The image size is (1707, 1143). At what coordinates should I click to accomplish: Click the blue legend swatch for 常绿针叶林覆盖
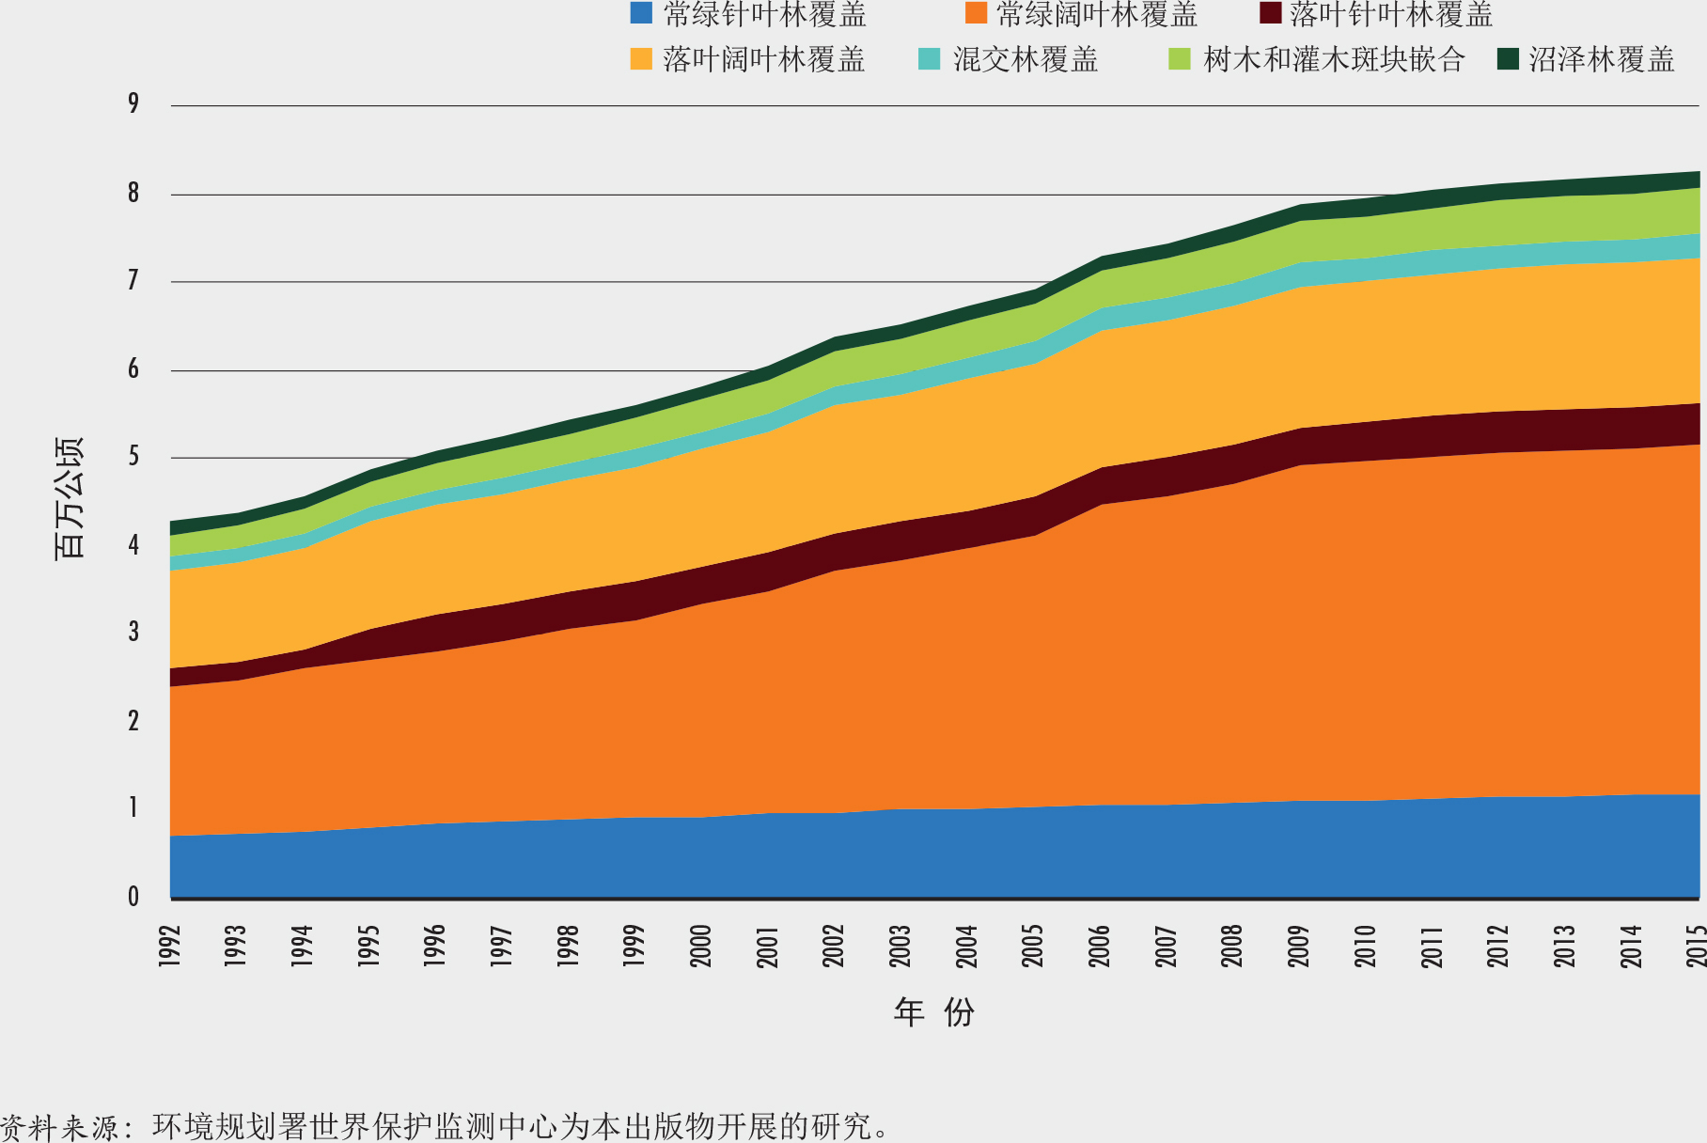(x=641, y=14)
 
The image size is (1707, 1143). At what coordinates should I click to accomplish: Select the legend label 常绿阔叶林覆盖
(x=1097, y=14)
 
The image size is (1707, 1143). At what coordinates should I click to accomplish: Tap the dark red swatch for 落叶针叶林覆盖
(x=1271, y=14)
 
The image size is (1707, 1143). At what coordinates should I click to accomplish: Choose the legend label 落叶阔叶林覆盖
(x=763, y=59)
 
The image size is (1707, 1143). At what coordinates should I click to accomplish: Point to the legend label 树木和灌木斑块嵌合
(x=1334, y=59)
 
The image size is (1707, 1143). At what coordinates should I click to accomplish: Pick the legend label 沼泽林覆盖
(x=1602, y=59)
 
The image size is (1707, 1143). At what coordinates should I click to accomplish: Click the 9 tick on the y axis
(x=133, y=103)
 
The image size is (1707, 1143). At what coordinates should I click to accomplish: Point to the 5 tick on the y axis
(x=133, y=458)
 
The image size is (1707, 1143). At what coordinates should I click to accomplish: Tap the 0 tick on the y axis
(x=133, y=898)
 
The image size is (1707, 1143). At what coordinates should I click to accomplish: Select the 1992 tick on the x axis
(x=170, y=945)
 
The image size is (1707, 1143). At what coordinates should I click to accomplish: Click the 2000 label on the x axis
(x=701, y=945)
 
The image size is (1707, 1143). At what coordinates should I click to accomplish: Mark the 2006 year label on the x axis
(x=1100, y=945)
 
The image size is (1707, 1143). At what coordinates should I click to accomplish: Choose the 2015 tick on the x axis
(x=1696, y=945)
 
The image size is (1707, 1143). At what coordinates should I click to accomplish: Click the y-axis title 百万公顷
(x=70, y=498)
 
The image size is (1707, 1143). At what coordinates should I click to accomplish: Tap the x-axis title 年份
(x=933, y=1012)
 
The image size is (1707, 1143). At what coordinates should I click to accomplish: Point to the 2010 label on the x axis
(x=1365, y=945)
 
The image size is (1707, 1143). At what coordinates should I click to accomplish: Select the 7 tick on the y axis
(x=133, y=281)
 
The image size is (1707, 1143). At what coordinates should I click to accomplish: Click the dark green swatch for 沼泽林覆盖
(x=1508, y=59)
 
